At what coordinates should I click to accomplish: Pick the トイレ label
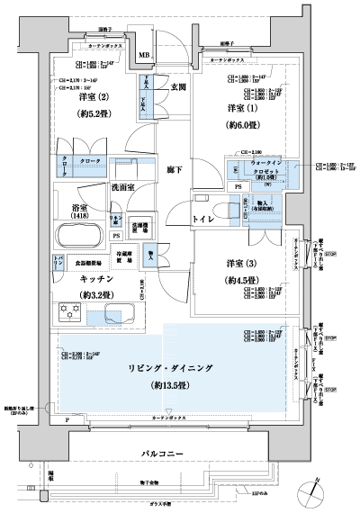coord(203,219)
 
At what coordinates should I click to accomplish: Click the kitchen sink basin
coord(119,314)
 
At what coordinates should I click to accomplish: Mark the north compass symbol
coord(312,491)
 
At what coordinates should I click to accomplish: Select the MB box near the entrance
coord(144,56)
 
